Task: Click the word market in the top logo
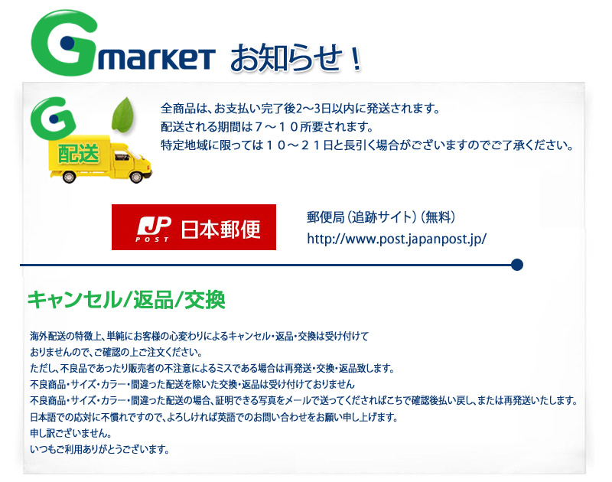coord(156,59)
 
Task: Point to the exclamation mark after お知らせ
coord(356,60)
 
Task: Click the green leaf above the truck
coord(122,114)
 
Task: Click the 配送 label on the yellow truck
coord(79,153)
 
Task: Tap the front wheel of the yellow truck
coord(136,177)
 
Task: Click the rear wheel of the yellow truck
coord(69,177)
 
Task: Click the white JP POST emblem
coord(154,229)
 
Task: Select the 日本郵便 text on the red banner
coord(220,229)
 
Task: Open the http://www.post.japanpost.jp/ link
coord(396,239)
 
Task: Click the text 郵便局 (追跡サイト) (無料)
coord(381,217)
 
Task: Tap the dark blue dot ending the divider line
coord(517,265)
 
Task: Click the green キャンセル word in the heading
coord(74,300)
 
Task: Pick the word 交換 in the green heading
coord(204,300)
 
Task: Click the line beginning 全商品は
coord(301,109)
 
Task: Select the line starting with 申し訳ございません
coord(71,433)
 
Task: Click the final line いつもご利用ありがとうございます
coord(100,450)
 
